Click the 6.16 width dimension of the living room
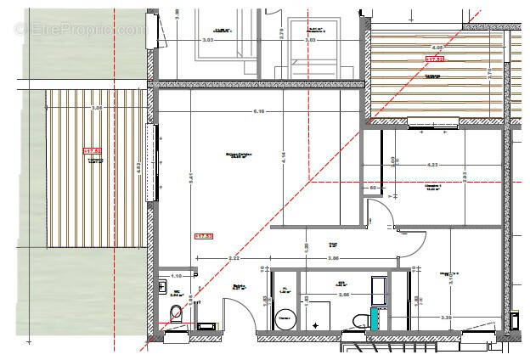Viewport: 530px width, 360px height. [x=259, y=111]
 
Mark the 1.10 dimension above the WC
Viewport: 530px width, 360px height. [x=177, y=277]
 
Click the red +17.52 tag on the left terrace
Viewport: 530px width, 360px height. [x=92, y=151]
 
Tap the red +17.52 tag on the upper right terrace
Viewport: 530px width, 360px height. [x=435, y=59]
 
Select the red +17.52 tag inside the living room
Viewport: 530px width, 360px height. [x=204, y=236]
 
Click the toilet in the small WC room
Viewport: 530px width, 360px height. [x=177, y=316]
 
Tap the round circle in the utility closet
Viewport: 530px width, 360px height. [x=285, y=319]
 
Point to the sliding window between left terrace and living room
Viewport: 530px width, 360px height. [x=153, y=161]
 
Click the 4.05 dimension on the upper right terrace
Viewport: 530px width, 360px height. [x=437, y=48]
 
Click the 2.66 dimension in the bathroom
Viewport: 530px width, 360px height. [x=344, y=295]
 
